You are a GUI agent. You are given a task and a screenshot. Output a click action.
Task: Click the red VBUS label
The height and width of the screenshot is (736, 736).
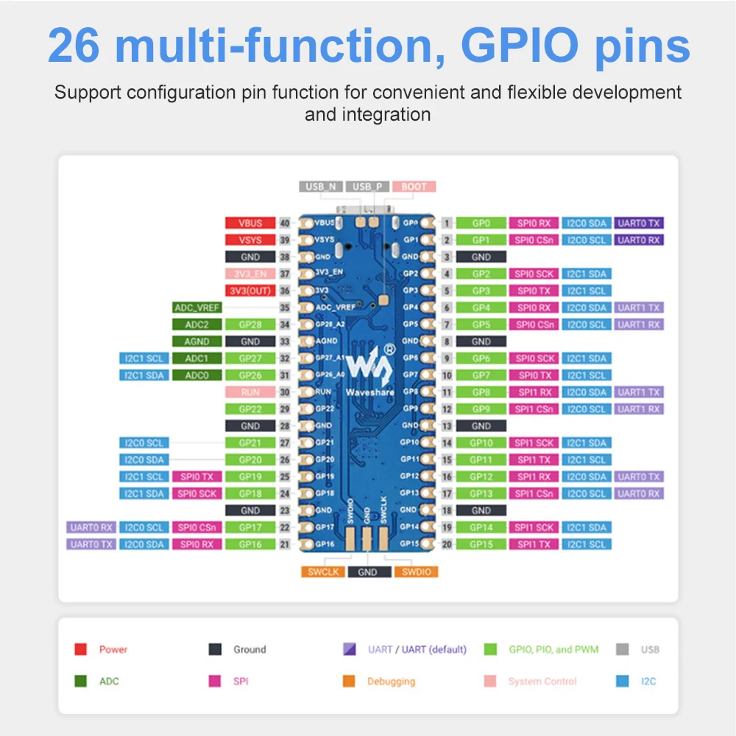[250, 223]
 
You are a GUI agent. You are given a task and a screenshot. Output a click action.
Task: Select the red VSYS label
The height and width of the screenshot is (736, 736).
[250, 240]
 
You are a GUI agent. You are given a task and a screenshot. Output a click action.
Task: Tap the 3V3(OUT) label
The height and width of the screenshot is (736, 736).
[250, 291]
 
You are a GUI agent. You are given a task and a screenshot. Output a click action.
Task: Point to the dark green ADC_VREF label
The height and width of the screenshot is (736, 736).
[197, 308]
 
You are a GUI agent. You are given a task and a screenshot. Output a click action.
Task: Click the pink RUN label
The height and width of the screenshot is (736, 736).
[250, 392]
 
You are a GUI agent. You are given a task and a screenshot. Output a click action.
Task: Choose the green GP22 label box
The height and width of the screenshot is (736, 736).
[250, 409]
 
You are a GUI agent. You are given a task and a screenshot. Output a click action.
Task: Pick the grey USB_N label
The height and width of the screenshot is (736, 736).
[321, 187]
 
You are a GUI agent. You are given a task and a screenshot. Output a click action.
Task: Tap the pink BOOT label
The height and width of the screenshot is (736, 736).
[414, 187]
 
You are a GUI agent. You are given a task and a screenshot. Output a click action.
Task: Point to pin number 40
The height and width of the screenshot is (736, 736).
[284, 223]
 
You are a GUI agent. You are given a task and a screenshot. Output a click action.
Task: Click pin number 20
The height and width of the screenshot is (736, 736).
[447, 545]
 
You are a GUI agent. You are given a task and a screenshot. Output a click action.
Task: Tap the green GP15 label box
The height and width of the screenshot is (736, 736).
[481, 545]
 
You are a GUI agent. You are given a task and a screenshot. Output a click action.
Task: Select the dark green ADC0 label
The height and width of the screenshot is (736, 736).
[197, 375]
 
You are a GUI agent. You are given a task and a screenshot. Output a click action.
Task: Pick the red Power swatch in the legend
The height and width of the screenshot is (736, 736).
[81, 650]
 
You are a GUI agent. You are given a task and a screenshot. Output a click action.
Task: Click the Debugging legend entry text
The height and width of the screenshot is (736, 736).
[391, 682]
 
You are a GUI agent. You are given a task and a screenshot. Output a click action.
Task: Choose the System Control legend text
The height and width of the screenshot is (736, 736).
[542, 682]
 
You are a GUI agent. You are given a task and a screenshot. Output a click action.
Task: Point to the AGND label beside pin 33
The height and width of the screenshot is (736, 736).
[197, 342]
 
